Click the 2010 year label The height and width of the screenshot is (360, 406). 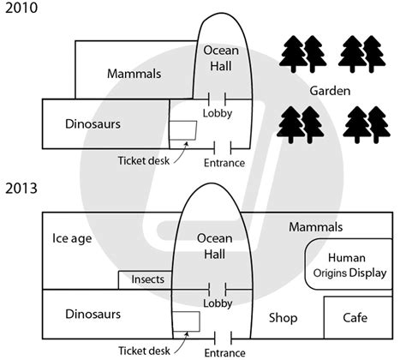tap(21, 8)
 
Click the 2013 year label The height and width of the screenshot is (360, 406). tap(21, 189)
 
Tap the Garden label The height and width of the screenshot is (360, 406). tap(330, 91)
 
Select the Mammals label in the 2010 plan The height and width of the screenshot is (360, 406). tap(134, 74)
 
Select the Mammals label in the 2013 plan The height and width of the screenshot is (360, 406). tap(316, 227)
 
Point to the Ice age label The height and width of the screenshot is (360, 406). tap(72, 239)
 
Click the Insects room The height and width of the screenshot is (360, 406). tap(146, 280)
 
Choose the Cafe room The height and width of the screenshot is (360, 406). tap(358, 318)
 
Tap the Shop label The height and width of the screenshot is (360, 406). tap(284, 318)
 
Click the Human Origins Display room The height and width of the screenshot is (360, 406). tap(349, 264)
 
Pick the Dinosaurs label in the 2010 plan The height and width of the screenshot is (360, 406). tap(93, 124)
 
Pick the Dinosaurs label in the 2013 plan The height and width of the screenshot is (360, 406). tap(93, 314)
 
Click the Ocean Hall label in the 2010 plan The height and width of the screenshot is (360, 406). tap(221, 58)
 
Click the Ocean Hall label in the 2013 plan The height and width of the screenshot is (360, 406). tap(215, 246)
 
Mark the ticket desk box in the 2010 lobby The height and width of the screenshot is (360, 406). tap(183, 130)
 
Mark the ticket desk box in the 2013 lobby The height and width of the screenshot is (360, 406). tap(187, 321)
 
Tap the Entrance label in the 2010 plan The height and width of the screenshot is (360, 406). tap(224, 163)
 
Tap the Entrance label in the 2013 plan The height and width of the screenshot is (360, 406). tap(224, 353)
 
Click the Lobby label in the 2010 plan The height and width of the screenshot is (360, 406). tap(218, 113)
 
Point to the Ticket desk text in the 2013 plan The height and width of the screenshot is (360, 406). tap(144, 351)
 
